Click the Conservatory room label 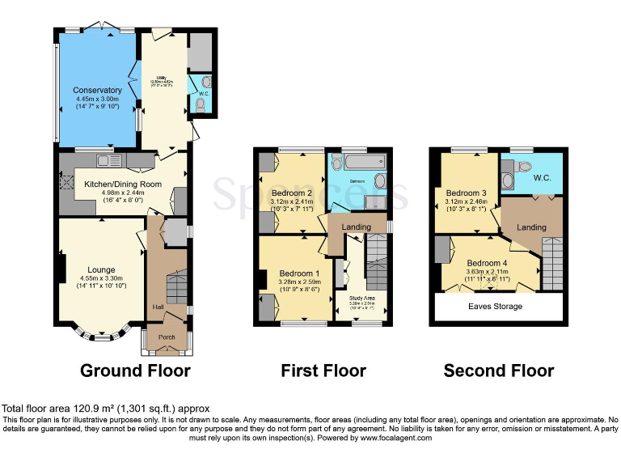click(97, 90)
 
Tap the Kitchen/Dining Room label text click(124, 184)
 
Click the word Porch click(167, 337)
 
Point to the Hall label click(157, 307)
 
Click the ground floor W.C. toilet click(201, 103)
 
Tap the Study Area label click(361, 299)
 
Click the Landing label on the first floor click(357, 226)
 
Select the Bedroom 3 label click(467, 193)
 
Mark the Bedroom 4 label click(487, 264)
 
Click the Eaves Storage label click(496, 307)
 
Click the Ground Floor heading click(135, 371)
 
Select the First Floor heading click(323, 371)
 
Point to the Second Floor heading click(499, 371)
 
